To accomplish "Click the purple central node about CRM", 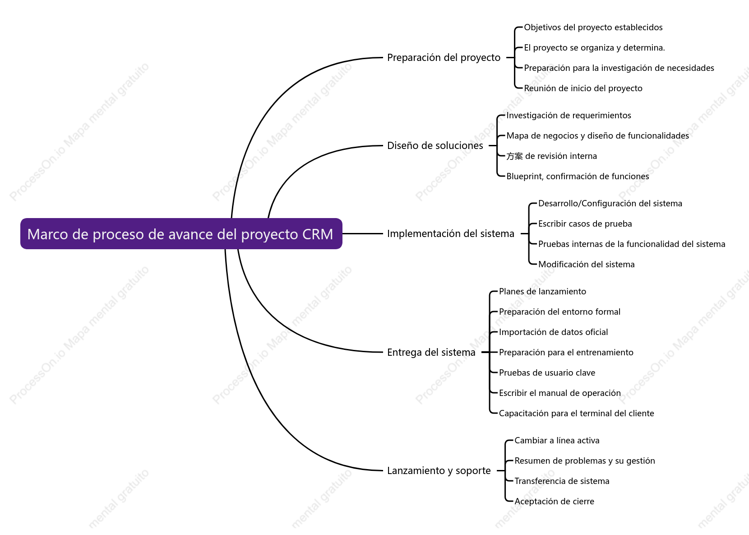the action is [x=181, y=233].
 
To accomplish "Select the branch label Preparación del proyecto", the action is [x=444, y=57].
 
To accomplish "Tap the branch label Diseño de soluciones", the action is [x=435, y=145].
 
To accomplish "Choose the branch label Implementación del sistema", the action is [x=451, y=233].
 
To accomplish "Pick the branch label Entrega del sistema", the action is [x=431, y=352].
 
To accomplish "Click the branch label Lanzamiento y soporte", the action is [x=439, y=470].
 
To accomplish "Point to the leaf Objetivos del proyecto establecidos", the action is [x=593, y=28].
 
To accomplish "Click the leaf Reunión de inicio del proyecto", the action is [x=583, y=88].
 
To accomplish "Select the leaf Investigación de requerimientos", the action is [x=569, y=116].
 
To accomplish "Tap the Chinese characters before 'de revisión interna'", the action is [x=514, y=156].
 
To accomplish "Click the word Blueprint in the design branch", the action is [x=524, y=177].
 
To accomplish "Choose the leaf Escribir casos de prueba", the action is [x=585, y=224].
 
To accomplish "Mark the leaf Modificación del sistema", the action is [x=587, y=264].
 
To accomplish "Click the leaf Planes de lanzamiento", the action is [x=542, y=291].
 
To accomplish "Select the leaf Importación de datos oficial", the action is [x=553, y=332].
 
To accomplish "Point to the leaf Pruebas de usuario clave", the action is [x=547, y=373].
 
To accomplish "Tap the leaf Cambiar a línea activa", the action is [x=557, y=440].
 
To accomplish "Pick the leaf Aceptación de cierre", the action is [x=555, y=501].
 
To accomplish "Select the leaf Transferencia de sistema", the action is [x=562, y=481].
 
